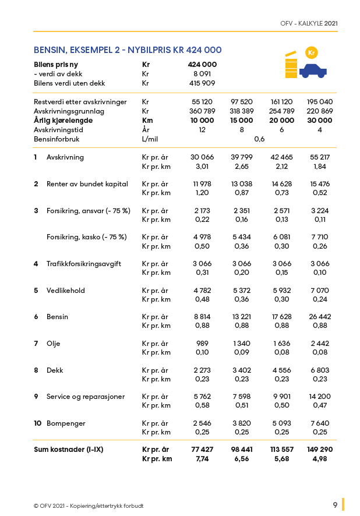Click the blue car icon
(x=313, y=71)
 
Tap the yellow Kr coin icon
(x=311, y=52)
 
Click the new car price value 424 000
(x=202, y=65)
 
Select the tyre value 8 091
(x=202, y=74)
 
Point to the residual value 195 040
(x=319, y=102)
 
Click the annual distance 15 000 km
(x=241, y=121)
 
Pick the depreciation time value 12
(x=202, y=130)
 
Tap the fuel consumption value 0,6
(x=259, y=139)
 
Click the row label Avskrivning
(x=65, y=157)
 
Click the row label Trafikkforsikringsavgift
(x=84, y=264)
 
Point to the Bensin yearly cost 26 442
(x=319, y=317)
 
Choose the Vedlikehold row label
(x=66, y=291)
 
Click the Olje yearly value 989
(x=202, y=344)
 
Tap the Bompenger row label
(x=66, y=423)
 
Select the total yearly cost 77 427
(x=202, y=450)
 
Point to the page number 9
(x=335, y=505)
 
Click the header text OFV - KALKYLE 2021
(x=309, y=23)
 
